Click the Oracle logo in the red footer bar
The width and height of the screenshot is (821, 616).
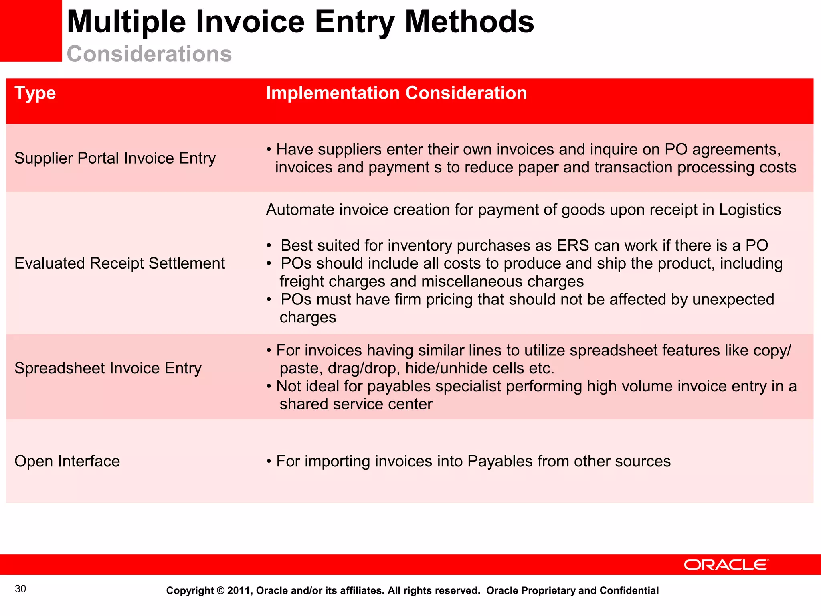[x=726, y=565]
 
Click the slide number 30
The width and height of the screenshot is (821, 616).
[x=20, y=589]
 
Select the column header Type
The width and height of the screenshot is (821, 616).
[x=35, y=93]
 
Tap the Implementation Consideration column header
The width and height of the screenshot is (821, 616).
[x=396, y=93]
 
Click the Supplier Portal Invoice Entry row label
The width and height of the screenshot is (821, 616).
[x=115, y=158]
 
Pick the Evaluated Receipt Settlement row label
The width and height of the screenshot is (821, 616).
[x=119, y=263]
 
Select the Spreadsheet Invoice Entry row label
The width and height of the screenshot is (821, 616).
[x=108, y=368]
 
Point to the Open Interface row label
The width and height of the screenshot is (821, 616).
[x=67, y=461]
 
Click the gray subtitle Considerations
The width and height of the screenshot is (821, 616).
[x=149, y=54]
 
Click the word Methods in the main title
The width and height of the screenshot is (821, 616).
[x=469, y=22]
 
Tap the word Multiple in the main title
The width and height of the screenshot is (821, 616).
[x=126, y=22]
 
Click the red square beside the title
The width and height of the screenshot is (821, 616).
[x=31, y=31]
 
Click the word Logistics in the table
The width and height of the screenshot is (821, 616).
[x=750, y=210]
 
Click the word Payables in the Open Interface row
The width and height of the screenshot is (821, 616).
[x=500, y=461]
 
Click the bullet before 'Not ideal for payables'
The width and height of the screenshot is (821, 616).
[x=269, y=387]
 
